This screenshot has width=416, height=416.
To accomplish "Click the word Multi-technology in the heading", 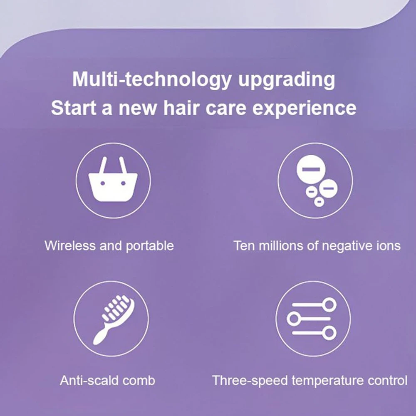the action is click(151, 79).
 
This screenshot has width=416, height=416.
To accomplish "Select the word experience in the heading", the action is click(304, 109).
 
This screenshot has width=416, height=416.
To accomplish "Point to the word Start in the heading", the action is click(74, 108).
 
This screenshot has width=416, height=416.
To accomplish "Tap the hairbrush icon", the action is click(114, 319).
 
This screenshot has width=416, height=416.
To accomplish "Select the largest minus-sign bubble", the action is click(311, 169).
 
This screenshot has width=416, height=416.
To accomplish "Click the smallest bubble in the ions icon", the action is click(319, 202).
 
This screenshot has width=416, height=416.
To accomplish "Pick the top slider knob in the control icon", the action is click(330, 305).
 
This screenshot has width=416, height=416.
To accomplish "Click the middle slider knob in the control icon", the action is click(293, 318).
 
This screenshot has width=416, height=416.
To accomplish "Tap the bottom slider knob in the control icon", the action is click(330, 333).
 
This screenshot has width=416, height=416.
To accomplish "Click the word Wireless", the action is click(69, 246).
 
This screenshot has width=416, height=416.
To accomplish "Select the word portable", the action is click(150, 246).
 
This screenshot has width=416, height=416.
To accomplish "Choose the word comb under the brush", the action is click(139, 380).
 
